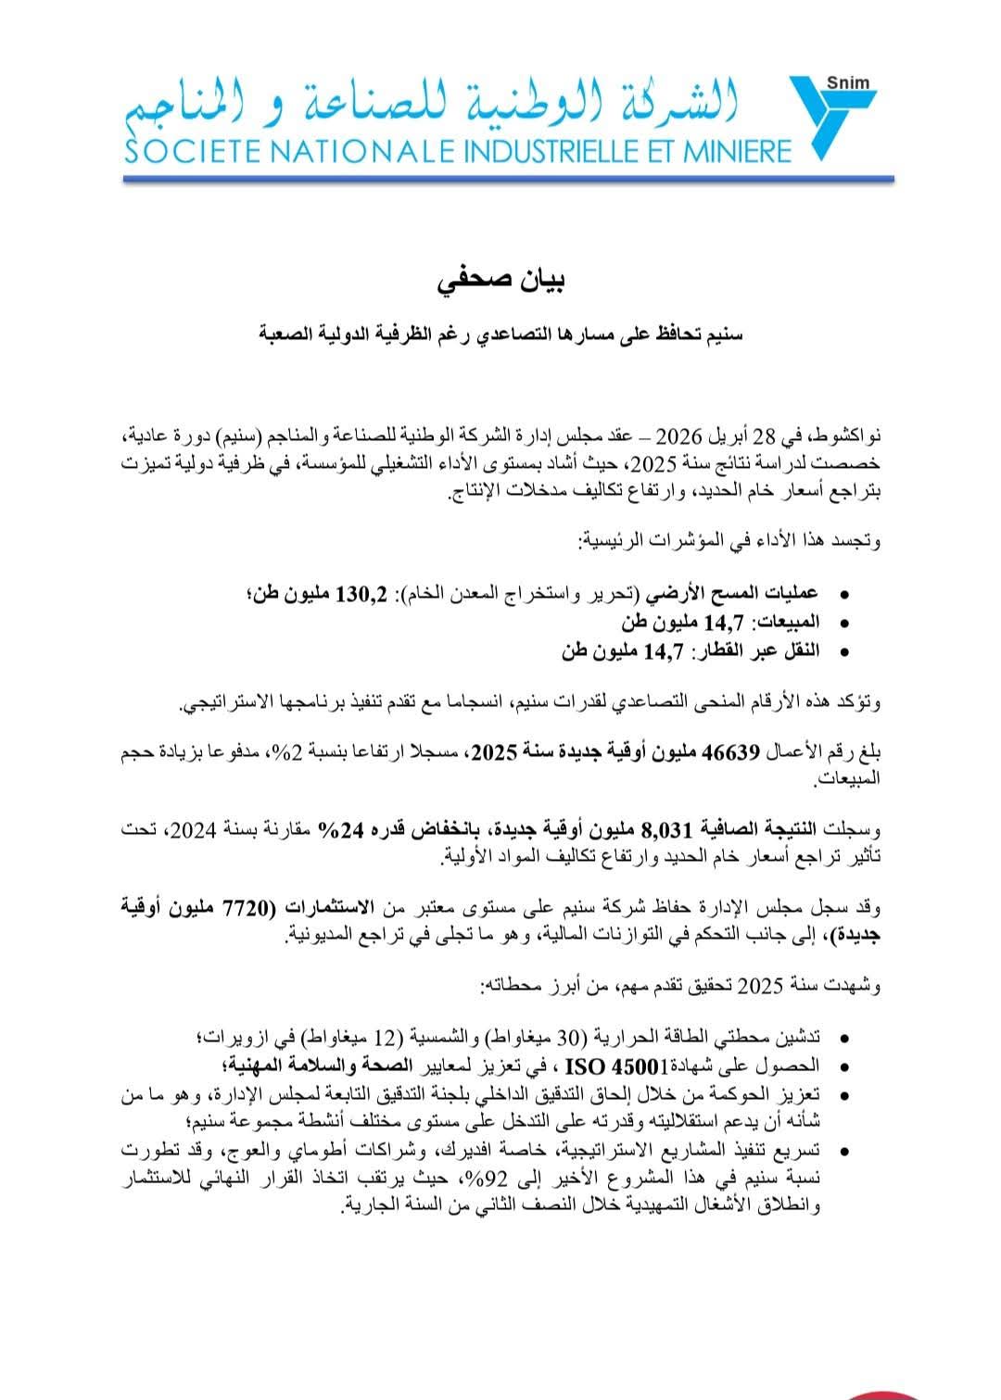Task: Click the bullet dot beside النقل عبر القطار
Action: click(842, 651)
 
